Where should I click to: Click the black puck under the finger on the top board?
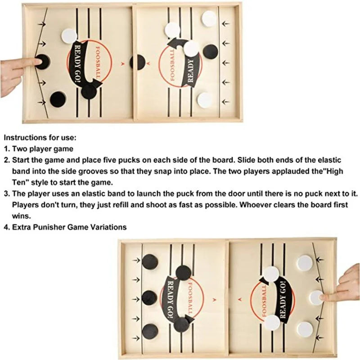(42, 61)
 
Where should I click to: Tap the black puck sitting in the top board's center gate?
(138, 62)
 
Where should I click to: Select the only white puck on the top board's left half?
(69, 36)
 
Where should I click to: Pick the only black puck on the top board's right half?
(210, 51)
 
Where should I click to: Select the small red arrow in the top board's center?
(122, 63)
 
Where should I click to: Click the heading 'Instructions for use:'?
(40, 137)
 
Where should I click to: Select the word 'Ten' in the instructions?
(19, 182)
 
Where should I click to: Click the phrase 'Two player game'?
(42, 148)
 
